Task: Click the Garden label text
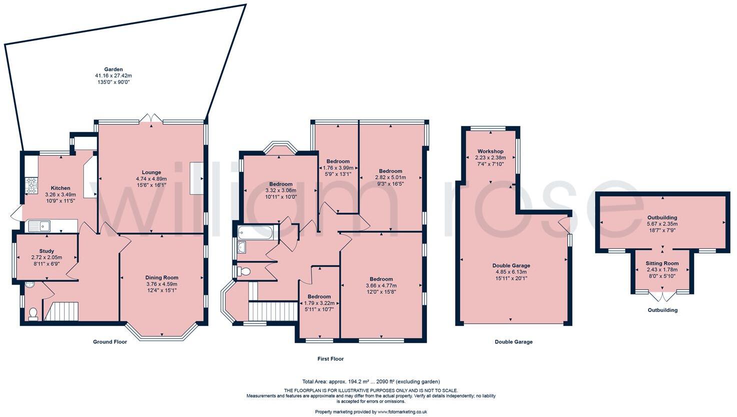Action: coord(113,69)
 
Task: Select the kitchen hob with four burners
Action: coord(31,185)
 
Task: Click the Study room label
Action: coord(46,251)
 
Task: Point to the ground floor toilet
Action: coord(33,313)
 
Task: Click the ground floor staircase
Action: coord(62,310)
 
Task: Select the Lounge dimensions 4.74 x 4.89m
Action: coord(151,178)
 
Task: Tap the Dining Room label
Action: coord(161,277)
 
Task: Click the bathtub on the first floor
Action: coord(255,232)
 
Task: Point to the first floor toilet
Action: coord(244,271)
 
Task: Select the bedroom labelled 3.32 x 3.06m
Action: coord(280,190)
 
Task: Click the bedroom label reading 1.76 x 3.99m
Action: coord(338,168)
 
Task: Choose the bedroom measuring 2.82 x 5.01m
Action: coord(390,177)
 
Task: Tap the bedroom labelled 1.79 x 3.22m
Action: coord(319,303)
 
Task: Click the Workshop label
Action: coord(490,151)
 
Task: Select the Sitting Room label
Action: coord(661,263)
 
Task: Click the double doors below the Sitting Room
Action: coord(662,296)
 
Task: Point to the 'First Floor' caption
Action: coord(330,358)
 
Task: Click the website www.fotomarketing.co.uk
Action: coord(402,412)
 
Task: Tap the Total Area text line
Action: coord(371,381)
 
